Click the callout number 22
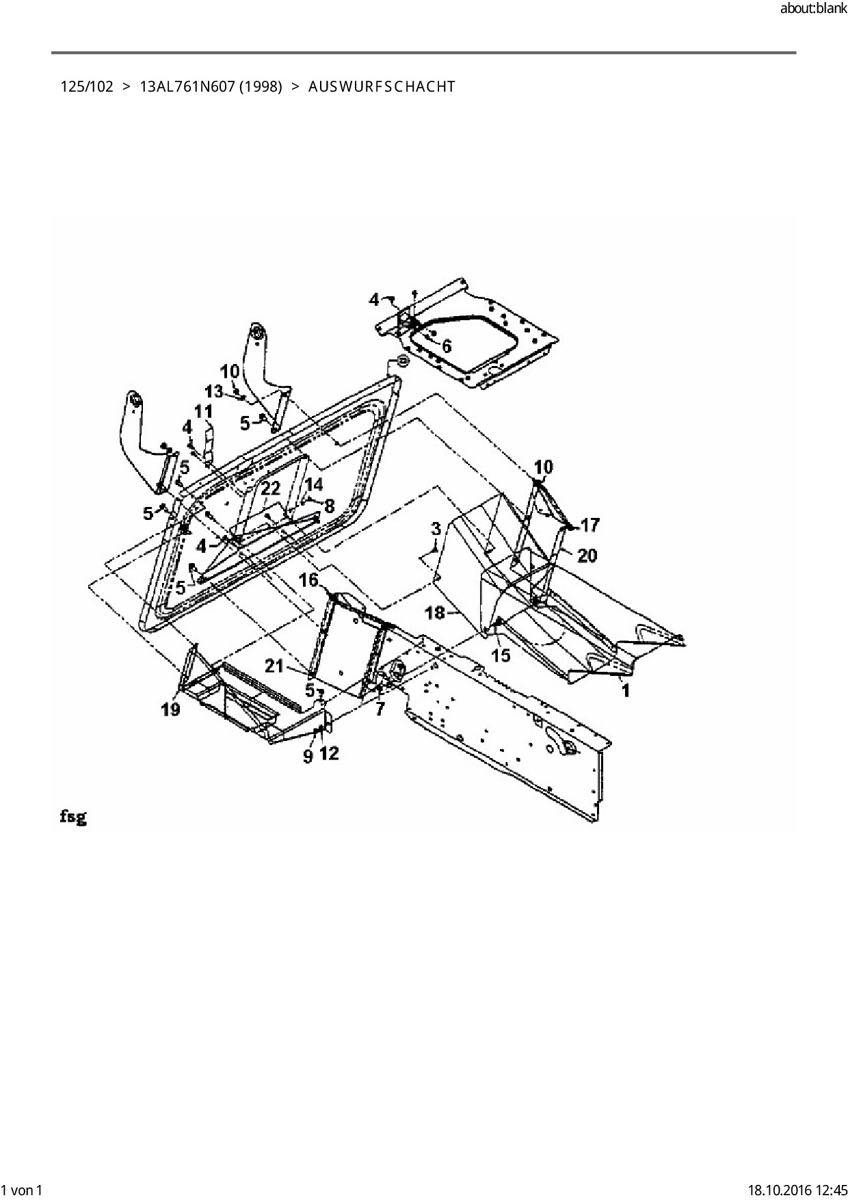271,488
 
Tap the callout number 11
203,412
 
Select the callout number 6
447,346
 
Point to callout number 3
436,528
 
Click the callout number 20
587,555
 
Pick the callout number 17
589,525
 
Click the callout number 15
501,655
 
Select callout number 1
625,691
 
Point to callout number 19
171,709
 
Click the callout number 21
274,666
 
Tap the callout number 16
308,580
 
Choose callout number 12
330,753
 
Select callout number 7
380,709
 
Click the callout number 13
214,391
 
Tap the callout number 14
313,485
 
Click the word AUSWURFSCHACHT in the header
382,87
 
